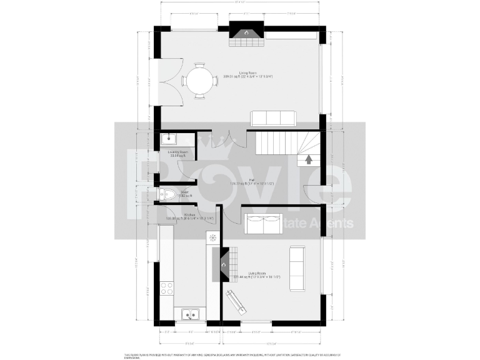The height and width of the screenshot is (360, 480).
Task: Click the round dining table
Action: (199, 81)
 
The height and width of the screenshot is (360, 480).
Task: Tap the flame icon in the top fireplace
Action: (246, 32)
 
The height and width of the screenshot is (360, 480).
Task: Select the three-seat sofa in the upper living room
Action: (273, 118)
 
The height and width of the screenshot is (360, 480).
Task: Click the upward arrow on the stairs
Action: (308, 159)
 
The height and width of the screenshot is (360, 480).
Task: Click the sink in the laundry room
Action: (169, 139)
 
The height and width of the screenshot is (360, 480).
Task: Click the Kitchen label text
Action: (172, 215)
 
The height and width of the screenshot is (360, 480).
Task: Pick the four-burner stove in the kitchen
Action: (166, 288)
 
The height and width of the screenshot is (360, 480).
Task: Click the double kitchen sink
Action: (189, 314)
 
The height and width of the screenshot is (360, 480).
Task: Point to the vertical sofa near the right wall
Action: (296, 268)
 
